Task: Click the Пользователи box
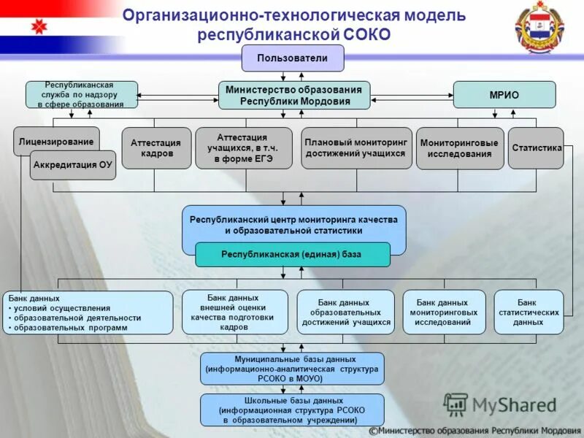tap(292, 58)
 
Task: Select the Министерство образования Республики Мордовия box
tap(293, 95)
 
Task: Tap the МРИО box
tap(504, 95)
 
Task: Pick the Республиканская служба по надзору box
tap(81, 95)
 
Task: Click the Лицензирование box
tap(56, 141)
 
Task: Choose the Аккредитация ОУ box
tap(73, 165)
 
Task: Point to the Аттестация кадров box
tap(156, 148)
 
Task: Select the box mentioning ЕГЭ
tap(243, 147)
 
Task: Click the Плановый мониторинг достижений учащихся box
tap(356, 148)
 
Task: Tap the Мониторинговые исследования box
tap(459, 148)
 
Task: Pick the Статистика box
tap(537, 148)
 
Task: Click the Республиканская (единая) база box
tap(293, 255)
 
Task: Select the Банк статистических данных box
tap(529, 312)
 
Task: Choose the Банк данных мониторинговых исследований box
tap(444, 312)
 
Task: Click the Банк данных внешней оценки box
tap(234, 312)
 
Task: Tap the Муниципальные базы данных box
tap(292, 369)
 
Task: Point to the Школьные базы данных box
tap(292, 410)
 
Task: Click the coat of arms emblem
tap(541, 28)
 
